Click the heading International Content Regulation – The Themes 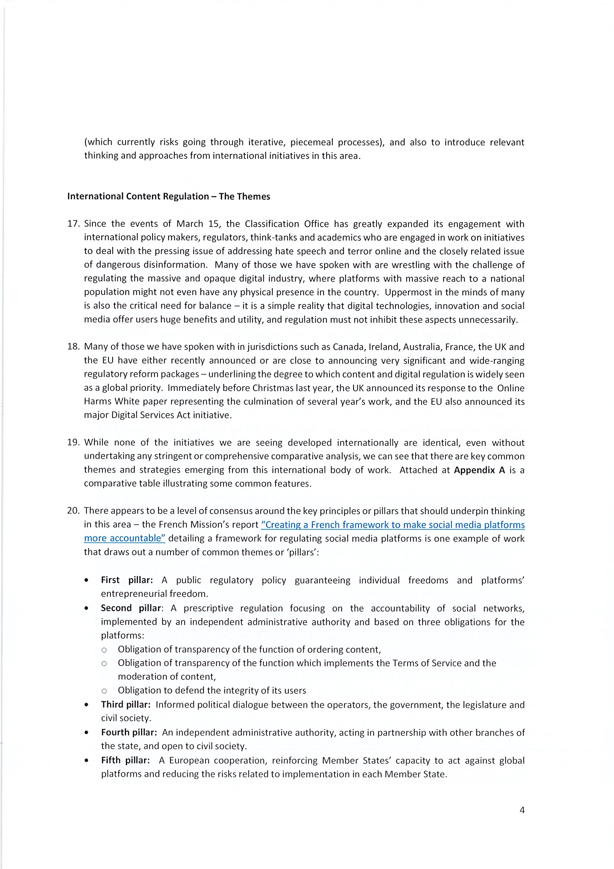(169, 196)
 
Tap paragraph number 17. (73, 224)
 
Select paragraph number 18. (73, 347)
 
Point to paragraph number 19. (73, 443)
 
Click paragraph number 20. (73, 511)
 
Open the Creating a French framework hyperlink (393, 525)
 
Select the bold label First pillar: (127, 580)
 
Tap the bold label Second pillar (131, 608)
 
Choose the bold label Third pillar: (126, 704)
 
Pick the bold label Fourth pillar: (129, 732)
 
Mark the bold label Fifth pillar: (125, 761)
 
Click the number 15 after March (214, 224)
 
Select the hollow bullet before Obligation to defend (104, 691)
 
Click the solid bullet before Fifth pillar (87, 761)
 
